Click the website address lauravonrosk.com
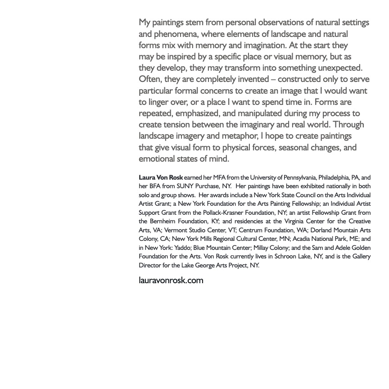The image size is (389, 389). [x=171, y=280]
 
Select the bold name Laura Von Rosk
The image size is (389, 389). [x=161, y=177]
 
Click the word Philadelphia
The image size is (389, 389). [x=334, y=177]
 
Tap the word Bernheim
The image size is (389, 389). [x=165, y=221]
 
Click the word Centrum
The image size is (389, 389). [x=251, y=230]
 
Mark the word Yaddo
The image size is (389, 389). [x=182, y=248]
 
